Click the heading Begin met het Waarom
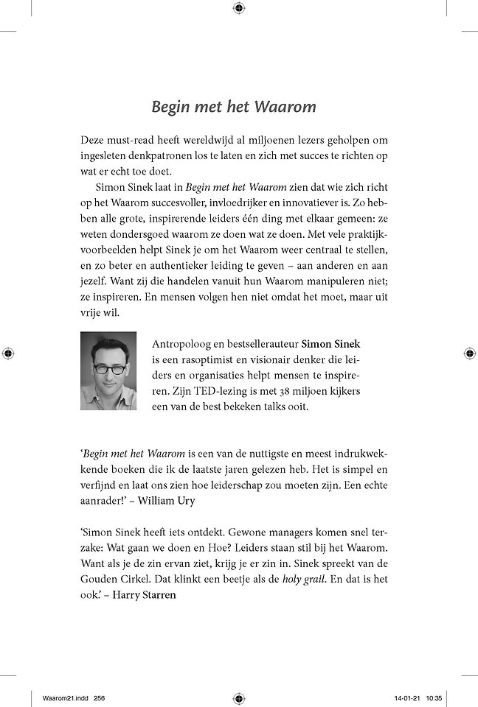coord(233,106)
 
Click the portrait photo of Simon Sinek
coord(110,371)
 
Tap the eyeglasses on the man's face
coord(108,367)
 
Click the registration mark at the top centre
coord(238,8)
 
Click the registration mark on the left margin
coord(8,353)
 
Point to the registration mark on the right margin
coord(469,353)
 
